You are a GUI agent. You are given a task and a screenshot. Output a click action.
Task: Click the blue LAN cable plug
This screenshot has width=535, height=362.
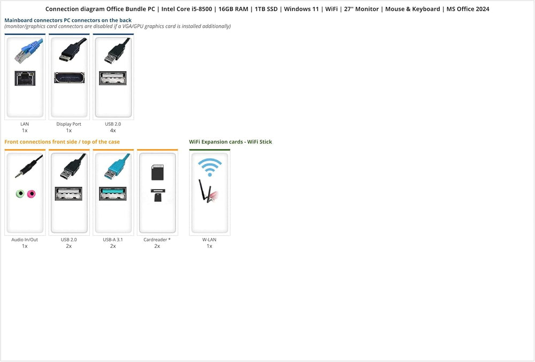[x=29, y=51]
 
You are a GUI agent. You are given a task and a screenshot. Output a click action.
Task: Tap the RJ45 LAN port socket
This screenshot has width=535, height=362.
[x=25, y=78]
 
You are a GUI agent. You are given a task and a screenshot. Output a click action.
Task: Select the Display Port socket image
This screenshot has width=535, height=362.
[x=69, y=78]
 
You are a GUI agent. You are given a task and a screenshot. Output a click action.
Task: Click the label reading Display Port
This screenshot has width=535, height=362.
[x=69, y=124]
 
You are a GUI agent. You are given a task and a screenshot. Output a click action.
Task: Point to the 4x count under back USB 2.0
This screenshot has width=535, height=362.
[x=113, y=131]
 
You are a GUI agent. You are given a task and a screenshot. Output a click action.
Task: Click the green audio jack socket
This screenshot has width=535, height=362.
[x=20, y=194]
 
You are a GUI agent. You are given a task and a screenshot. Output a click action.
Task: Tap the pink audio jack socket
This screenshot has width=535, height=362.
[x=31, y=194]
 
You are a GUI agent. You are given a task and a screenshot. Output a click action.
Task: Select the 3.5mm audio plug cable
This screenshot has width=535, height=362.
[x=29, y=167]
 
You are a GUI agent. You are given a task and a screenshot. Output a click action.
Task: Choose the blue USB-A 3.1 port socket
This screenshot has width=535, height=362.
[x=113, y=194]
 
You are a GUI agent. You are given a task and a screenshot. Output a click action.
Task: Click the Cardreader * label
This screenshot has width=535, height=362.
[x=157, y=240]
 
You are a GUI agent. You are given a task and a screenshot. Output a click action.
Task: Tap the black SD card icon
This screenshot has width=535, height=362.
[x=157, y=172]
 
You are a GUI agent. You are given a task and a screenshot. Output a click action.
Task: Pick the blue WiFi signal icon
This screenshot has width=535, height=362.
[x=210, y=167]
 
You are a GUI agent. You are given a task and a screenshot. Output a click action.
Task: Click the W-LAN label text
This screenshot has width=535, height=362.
[x=210, y=240]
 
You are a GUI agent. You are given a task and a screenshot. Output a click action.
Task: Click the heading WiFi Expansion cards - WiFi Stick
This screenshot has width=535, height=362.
[x=231, y=142]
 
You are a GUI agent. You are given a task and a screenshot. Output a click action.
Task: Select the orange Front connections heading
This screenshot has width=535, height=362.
[x=62, y=142]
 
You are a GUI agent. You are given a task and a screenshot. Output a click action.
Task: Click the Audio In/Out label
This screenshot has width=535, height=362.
[x=25, y=240]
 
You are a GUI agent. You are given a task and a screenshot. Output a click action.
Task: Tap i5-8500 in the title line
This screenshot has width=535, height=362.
[x=202, y=9]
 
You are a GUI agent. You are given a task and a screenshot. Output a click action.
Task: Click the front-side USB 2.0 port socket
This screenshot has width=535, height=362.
[x=68, y=194]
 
